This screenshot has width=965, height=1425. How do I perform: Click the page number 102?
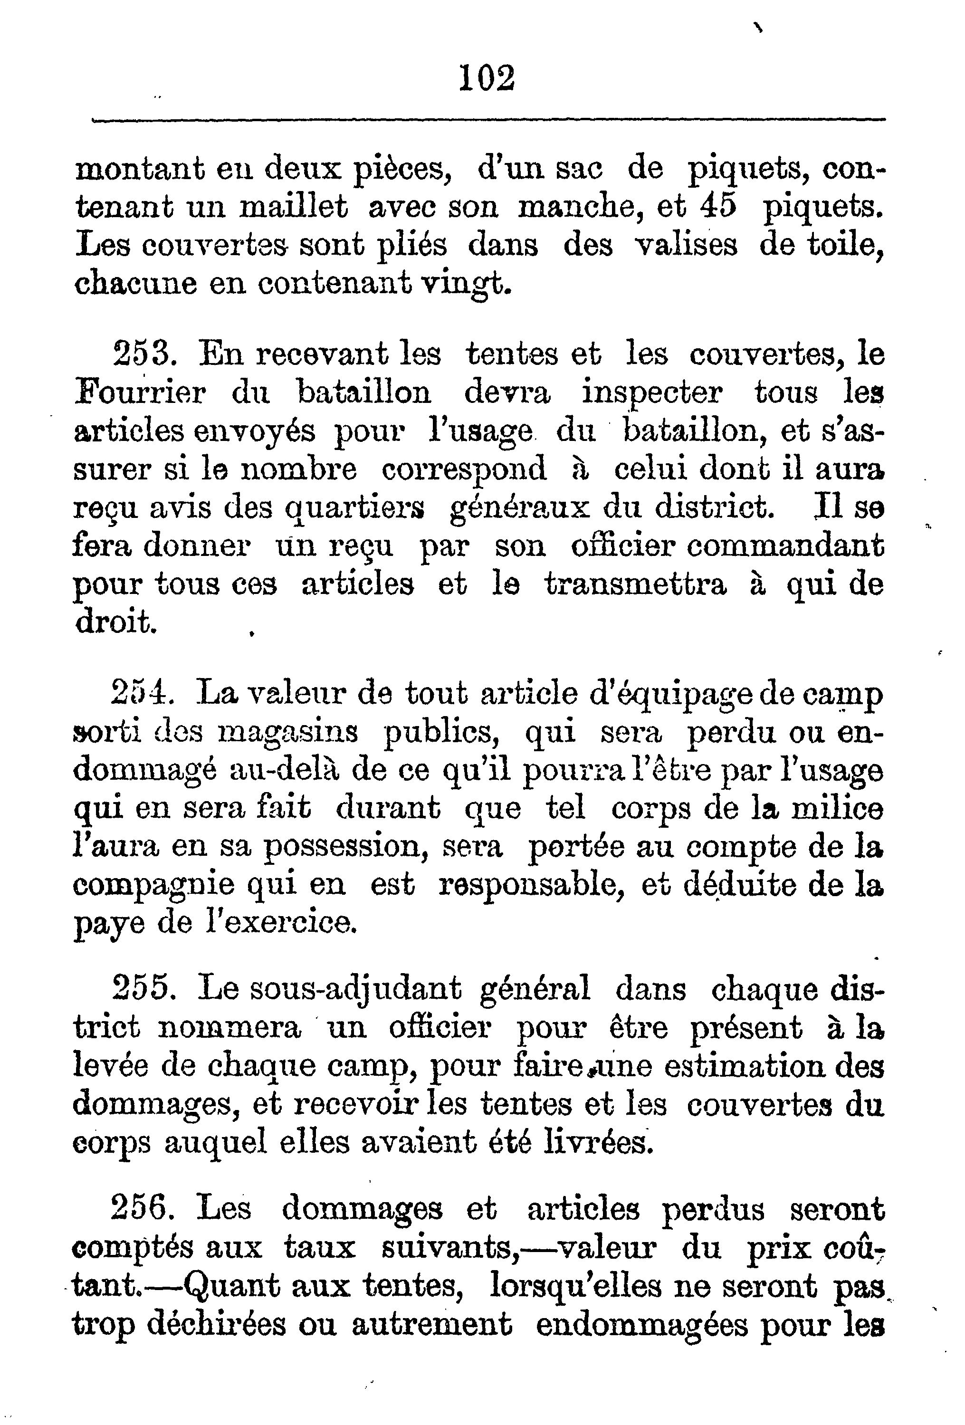click(x=487, y=78)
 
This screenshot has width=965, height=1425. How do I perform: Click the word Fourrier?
click(x=140, y=392)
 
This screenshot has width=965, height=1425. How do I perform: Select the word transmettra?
click(x=636, y=584)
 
